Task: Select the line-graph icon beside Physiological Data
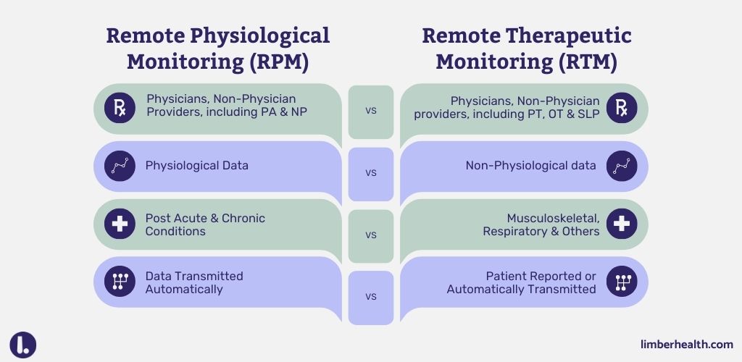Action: tap(120, 166)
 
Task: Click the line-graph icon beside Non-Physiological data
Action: tap(622, 166)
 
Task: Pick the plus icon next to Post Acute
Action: tap(120, 224)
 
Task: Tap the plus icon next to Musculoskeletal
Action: tap(622, 224)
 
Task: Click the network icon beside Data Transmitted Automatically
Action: tap(120, 282)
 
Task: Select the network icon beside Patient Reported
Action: tap(622, 282)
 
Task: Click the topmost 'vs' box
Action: tap(370, 111)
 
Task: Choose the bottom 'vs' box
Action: tap(370, 297)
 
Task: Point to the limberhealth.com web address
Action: tap(687, 345)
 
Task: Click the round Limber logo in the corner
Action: tap(23, 345)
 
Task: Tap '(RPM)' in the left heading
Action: tap(279, 62)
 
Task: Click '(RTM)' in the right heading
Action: tap(588, 62)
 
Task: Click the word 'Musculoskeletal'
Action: tap(553, 218)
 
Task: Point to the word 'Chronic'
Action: tap(241, 218)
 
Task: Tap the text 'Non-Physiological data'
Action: tap(530, 166)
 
